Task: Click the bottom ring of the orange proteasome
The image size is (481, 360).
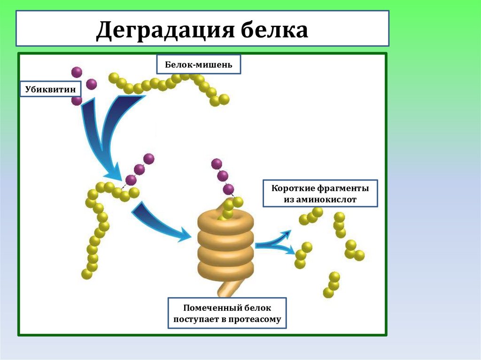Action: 225,269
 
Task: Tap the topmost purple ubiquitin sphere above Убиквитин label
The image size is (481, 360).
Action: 77,72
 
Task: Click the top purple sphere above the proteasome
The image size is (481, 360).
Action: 217,163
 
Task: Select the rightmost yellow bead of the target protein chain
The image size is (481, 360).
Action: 224,99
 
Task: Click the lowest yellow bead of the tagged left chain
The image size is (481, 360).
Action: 86,274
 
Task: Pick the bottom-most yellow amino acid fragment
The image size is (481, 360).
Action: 328,292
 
